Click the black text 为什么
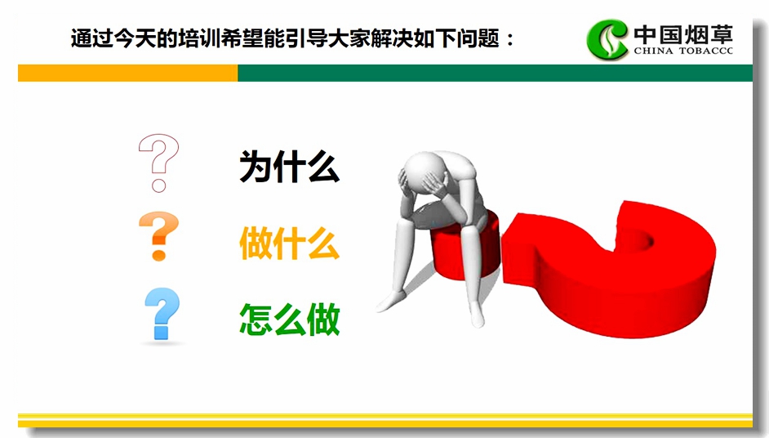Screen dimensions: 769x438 (x=289, y=167)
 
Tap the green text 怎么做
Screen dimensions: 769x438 (x=289, y=320)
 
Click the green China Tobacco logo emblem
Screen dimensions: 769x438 (x=607, y=39)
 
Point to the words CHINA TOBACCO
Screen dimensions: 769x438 (x=683, y=51)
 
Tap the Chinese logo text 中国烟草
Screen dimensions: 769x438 (x=683, y=34)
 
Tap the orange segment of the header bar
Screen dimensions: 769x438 (x=127, y=73)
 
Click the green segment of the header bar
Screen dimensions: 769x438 (x=495, y=73)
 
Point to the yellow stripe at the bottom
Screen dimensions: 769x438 (x=385, y=420)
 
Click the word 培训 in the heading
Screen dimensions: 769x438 (x=199, y=38)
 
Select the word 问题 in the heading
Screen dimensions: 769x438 (x=478, y=38)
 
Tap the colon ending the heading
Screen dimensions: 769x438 (x=510, y=39)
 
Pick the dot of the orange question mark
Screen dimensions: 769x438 (x=158, y=255)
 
